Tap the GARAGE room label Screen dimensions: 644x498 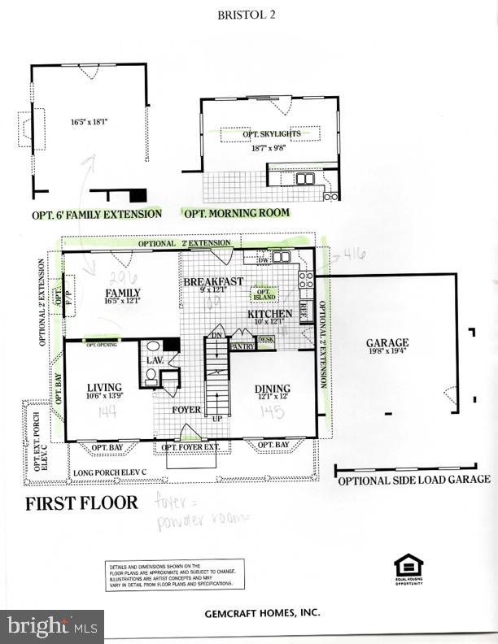click(x=387, y=343)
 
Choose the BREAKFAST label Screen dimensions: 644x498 click(x=213, y=281)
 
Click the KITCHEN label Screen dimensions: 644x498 click(x=270, y=313)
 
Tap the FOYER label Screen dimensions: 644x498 click(x=186, y=409)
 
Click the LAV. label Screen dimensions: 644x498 click(x=155, y=359)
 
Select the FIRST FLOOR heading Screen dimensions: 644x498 click(x=81, y=502)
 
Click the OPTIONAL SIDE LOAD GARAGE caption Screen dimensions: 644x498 click(x=413, y=479)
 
